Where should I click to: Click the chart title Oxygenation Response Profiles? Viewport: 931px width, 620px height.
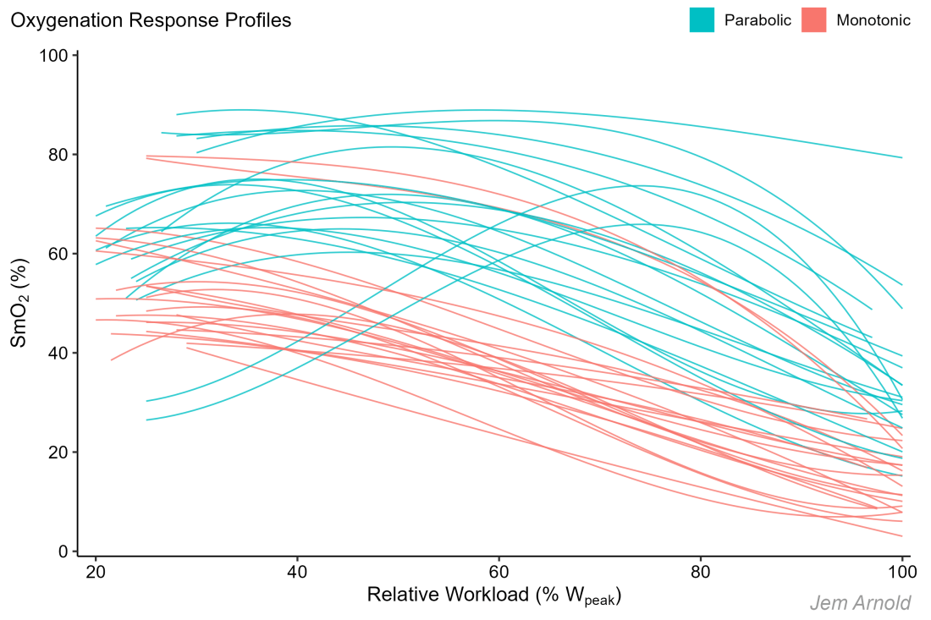point(151,20)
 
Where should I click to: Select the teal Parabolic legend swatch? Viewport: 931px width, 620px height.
point(702,20)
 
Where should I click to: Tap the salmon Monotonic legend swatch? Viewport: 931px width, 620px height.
point(813,20)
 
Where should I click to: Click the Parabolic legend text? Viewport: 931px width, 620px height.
point(757,20)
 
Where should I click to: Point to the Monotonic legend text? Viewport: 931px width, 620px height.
point(873,20)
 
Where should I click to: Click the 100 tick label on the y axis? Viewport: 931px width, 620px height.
point(55,56)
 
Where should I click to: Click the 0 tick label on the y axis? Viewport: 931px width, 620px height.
point(63,551)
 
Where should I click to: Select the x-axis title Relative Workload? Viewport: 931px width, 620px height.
point(494,595)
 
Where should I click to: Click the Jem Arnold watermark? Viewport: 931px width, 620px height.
point(860,603)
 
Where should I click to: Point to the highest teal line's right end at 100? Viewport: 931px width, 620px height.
point(901,157)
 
